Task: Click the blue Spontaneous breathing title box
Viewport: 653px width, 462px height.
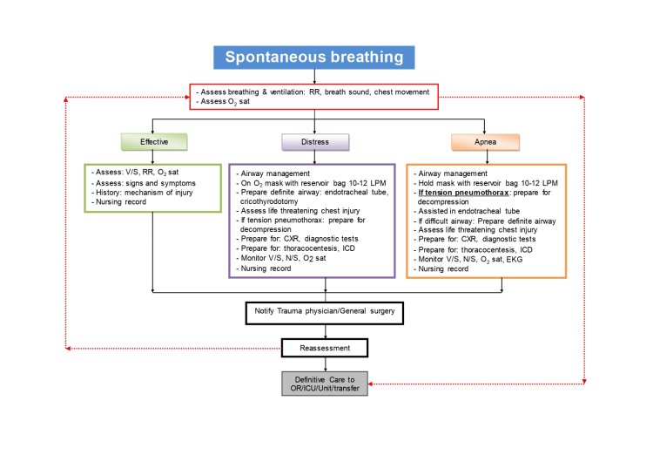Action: pyautogui.click(x=314, y=57)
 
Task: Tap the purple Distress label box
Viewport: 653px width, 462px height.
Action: pyautogui.click(x=314, y=141)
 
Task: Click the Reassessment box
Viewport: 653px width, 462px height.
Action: pyautogui.click(x=325, y=349)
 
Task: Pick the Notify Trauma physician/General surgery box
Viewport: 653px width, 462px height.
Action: pyautogui.click(x=325, y=311)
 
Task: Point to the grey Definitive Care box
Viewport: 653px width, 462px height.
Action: pyautogui.click(x=325, y=383)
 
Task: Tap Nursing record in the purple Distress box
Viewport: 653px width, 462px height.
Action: pyautogui.click(x=266, y=268)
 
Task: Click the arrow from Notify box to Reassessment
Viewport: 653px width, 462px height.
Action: pyautogui.click(x=325, y=331)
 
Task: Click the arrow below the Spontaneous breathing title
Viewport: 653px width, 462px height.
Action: pyautogui.click(x=314, y=77)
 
